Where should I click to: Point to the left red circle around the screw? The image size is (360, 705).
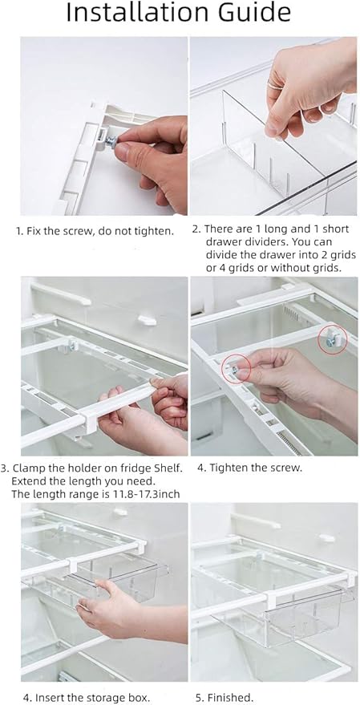[x=236, y=367]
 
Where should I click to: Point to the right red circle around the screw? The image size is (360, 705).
[x=331, y=341]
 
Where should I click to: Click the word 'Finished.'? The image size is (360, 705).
[x=234, y=697]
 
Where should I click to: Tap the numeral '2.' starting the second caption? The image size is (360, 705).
[x=196, y=229]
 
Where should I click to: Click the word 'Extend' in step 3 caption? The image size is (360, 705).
[x=30, y=480]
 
